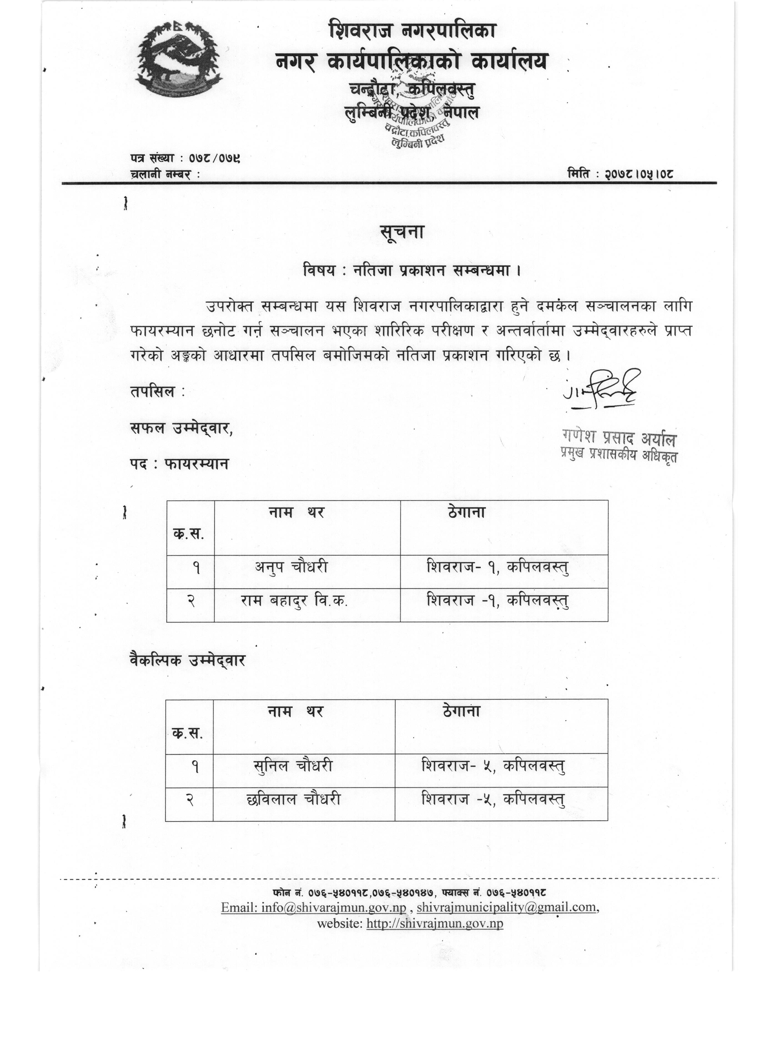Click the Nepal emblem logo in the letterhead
tap(179, 59)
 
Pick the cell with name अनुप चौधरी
tap(291, 567)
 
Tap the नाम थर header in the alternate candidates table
tap(295, 711)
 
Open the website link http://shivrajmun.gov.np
tap(435, 923)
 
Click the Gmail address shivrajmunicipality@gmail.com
tap(507, 907)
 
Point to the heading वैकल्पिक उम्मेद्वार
tap(187, 660)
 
